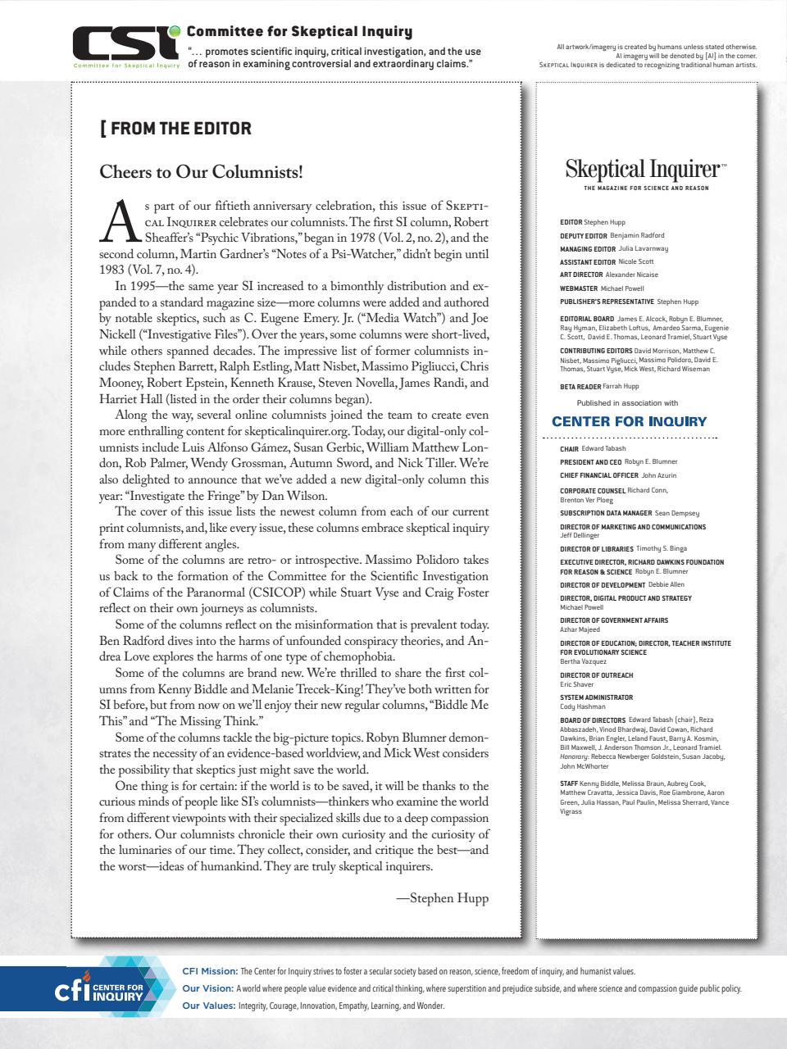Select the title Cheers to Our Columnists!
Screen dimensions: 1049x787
point(201,172)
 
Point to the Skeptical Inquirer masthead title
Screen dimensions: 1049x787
point(644,170)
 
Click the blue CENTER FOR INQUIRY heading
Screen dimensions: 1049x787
point(629,421)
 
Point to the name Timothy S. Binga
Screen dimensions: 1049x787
point(662,548)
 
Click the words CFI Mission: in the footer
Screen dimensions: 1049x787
point(210,971)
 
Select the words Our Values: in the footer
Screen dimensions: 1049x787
point(208,1006)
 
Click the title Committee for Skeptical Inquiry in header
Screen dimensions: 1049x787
point(299,32)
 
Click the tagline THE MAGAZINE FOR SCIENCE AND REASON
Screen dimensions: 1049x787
point(646,188)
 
